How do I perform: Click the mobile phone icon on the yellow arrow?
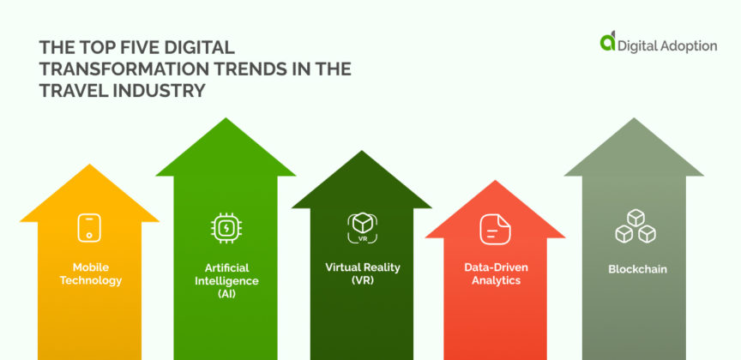tap(90, 228)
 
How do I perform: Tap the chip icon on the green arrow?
tap(226, 227)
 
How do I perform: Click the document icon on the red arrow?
tap(495, 229)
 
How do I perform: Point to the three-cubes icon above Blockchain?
tap(636, 227)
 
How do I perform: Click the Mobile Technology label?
tap(90, 274)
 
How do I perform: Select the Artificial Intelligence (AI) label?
tap(226, 280)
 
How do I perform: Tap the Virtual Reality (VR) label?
tap(361, 274)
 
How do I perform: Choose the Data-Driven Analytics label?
tap(495, 274)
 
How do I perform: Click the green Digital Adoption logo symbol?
tap(607, 42)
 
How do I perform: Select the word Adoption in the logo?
tap(686, 46)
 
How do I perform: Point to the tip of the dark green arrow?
tap(361, 151)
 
